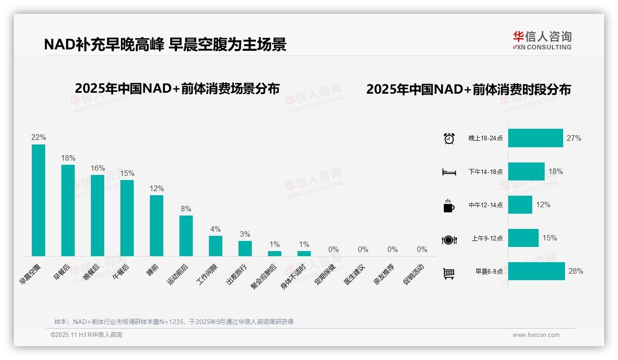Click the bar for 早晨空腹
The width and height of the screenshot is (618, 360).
tap(38, 200)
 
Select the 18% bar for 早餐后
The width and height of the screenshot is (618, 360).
tap(68, 210)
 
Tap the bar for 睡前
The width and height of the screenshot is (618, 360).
tap(156, 226)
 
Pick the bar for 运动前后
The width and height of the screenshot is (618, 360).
tap(186, 236)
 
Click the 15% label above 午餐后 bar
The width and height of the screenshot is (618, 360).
tap(127, 174)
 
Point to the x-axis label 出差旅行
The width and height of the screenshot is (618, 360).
tap(237, 274)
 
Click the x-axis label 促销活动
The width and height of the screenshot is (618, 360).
tap(414, 274)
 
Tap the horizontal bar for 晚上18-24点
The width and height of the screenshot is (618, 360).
tap(535, 138)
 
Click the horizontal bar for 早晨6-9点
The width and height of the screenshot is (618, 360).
tap(536, 271)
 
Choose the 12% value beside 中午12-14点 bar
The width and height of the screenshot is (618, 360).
tap(543, 204)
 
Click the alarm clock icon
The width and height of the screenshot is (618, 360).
tap(449, 138)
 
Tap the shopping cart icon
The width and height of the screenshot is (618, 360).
tap(449, 273)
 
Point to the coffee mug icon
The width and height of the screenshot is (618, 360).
tap(449, 206)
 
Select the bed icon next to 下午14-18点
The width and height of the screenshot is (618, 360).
tap(449, 172)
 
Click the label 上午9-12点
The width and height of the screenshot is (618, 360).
tap(487, 239)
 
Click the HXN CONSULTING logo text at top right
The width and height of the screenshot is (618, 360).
tap(542, 47)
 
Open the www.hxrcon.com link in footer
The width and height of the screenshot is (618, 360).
tap(536, 335)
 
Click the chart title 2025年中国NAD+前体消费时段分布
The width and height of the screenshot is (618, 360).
tap(469, 90)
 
